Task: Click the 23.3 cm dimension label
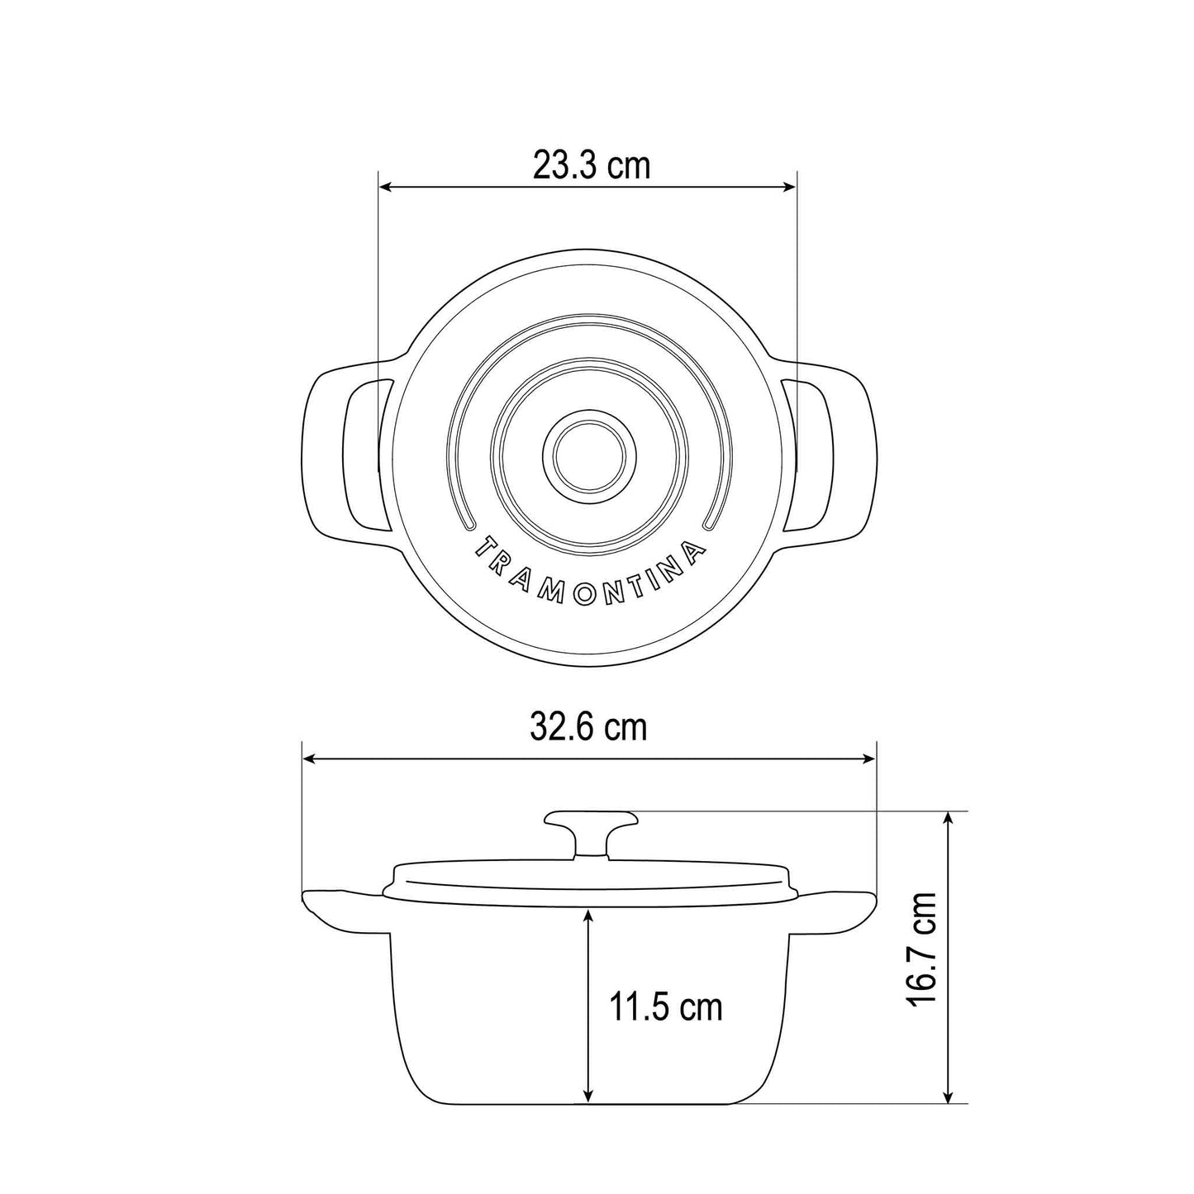591,165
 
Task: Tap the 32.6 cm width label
588,727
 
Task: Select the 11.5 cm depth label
665,1007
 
